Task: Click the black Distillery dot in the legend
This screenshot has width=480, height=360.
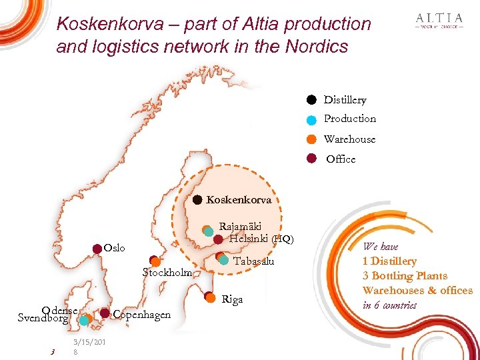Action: click(311, 100)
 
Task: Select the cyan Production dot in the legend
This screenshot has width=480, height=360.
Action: click(311, 120)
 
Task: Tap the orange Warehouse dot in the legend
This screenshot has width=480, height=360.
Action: click(311, 139)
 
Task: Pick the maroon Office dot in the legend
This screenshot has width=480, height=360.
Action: click(311, 159)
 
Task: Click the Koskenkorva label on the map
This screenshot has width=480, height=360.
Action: click(239, 199)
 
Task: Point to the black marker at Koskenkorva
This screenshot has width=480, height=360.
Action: click(197, 199)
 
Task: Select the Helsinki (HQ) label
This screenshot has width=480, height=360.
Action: click(261, 239)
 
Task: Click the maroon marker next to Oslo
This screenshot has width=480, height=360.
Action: click(97, 249)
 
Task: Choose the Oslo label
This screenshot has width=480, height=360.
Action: click(115, 248)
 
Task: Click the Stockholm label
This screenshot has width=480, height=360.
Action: click(167, 273)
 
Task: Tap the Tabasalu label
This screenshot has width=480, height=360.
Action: click(254, 261)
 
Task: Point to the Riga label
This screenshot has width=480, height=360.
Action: click(231, 299)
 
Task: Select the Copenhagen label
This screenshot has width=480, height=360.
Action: click(142, 315)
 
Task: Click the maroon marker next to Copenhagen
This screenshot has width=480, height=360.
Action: click(105, 313)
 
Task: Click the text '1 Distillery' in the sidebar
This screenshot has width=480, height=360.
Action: click(389, 261)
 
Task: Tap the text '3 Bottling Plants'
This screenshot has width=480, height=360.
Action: click(405, 276)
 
